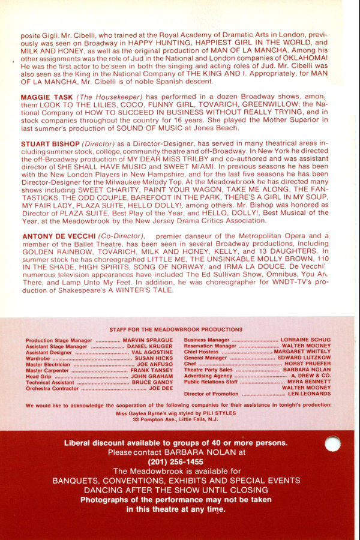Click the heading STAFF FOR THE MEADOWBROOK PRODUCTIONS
[176, 329]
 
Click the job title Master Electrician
[48, 364]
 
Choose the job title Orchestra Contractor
[52, 388]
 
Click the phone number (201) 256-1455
[176, 462]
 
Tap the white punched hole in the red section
[332, 443]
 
